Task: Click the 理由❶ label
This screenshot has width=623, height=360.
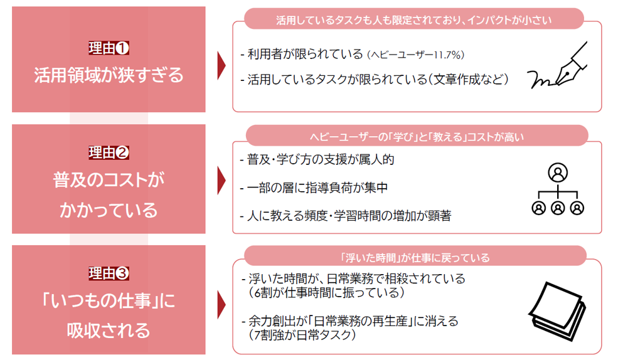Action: point(109,48)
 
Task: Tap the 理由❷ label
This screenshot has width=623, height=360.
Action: point(109,152)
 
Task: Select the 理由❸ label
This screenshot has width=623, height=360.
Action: point(109,273)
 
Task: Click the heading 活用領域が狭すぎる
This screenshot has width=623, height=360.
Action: point(109,75)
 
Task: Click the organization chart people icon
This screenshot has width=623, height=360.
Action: point(558,189)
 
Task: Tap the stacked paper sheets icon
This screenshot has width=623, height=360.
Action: point(558,311)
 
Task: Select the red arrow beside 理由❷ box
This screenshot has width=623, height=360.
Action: point(221,181)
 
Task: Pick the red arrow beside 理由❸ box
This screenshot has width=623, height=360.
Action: point(221,305)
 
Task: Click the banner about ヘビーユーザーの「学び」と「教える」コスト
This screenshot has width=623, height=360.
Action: point(417,135)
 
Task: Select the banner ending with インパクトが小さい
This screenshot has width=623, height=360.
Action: point(414,19)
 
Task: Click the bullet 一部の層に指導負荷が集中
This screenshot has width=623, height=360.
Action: point(314,188)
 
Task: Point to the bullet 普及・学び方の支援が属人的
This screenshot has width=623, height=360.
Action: point(317,159)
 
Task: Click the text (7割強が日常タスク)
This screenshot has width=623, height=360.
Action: point(302,335)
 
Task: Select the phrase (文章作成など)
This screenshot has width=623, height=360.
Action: point(467,80)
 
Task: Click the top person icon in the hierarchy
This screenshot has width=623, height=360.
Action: point(558,172)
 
